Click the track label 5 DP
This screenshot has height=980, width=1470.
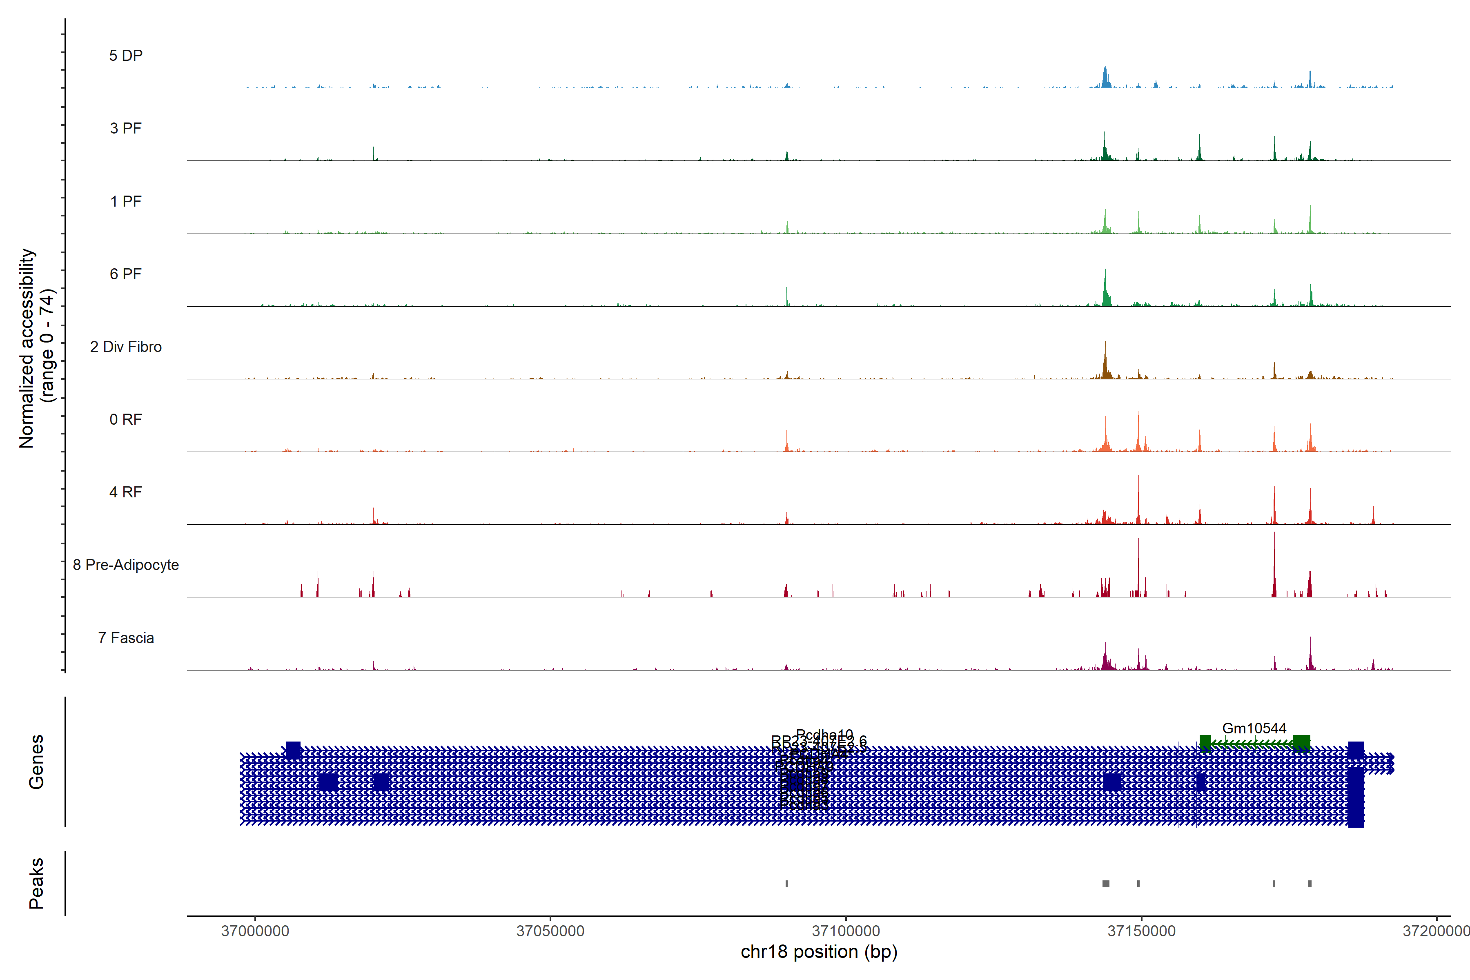tap(126, 56)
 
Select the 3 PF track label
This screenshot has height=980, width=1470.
tap(126, 128)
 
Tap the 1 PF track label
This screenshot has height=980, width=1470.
tap(126, 201)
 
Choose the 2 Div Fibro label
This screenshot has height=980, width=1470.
tap(126, 347)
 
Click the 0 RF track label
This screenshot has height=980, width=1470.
tap(126, 419)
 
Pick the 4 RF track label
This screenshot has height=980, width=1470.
tap(126, 492)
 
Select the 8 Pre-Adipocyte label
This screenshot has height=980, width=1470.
tap(126, 565)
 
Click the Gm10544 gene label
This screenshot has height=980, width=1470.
tap(1254, 728)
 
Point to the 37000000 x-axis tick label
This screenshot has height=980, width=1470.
tap(255, 931)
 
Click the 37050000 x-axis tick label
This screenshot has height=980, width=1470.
tap(550, 931)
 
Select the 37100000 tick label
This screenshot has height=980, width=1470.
tap(846, 931)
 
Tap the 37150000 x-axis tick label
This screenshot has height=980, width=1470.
tap(1141, 931)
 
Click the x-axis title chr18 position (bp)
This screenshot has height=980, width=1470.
tap(819, 952)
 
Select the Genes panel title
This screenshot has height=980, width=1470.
tap(36, 762)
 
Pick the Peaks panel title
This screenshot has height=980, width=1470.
tap(36, 883)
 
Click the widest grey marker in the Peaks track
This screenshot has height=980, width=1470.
tap(1106, 884)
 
